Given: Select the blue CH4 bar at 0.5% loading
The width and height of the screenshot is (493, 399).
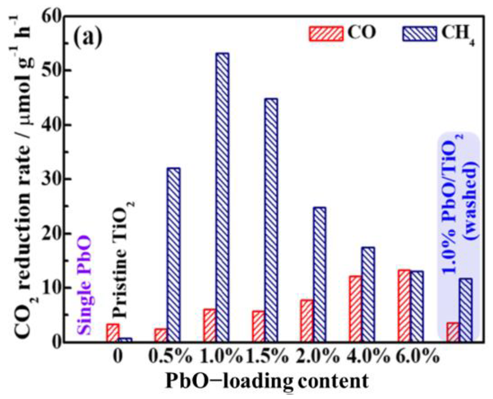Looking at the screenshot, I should [x=173, y=254].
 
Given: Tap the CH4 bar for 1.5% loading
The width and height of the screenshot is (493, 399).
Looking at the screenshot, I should [x=271, y=219].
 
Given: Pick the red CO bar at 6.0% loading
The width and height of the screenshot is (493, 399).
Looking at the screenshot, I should [x=404, y=306].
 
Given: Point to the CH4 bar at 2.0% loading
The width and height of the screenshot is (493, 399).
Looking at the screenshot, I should [x=319, y=274].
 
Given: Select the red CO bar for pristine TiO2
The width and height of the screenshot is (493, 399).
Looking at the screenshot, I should [x=113, y=332].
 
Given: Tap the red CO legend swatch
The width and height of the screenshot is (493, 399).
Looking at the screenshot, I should [x=326, y=34].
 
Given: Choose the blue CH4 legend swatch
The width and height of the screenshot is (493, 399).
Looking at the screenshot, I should [x=420, y=34].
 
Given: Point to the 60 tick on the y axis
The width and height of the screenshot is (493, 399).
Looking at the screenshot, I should [x=51, y=17].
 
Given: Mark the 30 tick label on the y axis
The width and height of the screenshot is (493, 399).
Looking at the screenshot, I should [x=51, y=179].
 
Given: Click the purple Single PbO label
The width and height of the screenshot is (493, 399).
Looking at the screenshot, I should [x=84, y=285].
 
